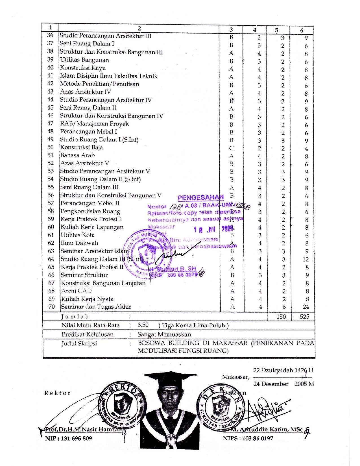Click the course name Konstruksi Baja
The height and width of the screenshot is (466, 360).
[x=81, y=147]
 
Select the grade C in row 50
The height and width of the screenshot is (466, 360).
[x=231, y=148]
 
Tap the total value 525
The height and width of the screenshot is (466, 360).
[x=304, y=317]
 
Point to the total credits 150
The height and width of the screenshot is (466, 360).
[x=281, y=317]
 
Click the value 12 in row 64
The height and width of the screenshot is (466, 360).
[x=306, y=259]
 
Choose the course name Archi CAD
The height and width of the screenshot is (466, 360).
[x=76, y=291]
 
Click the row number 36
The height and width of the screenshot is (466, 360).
[x=50, y=35]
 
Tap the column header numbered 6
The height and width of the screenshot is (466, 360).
[x=302, y=30]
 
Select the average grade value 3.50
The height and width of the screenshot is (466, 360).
[x=143, y=325]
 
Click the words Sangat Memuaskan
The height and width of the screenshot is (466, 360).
[x=164, y=334]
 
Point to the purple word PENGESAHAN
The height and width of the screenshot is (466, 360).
[x=200, y=197]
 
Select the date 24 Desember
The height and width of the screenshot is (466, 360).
[x=271, y=384]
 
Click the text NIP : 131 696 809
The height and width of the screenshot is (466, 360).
[x=68, y=438]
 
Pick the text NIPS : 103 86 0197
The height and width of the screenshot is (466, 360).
[x=248, y=438]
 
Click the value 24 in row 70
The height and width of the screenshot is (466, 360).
[x=306, y=307]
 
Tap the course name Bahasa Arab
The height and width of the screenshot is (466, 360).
[x=77, y=155]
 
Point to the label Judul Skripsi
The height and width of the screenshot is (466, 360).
[x=79, y=343]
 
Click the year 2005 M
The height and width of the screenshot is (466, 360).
[x=304, y=384]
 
